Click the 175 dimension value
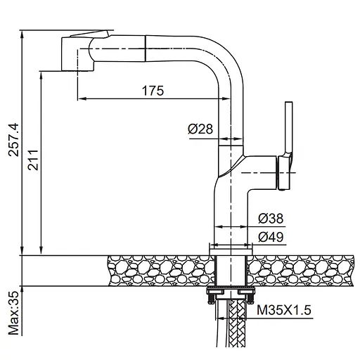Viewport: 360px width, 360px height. click(153, 91)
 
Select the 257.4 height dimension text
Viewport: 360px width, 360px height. click(13, 140)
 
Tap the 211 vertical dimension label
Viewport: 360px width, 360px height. click(32, 160)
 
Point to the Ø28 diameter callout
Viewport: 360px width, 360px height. click(200, 129)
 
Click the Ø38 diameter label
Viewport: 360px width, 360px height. click(271, 218)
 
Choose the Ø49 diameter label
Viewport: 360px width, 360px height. click(271, 237)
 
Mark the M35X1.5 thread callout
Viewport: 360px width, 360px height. click(284, 310)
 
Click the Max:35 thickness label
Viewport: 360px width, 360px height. click(13, 313)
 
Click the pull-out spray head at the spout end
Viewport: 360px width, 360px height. click(78, 53)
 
